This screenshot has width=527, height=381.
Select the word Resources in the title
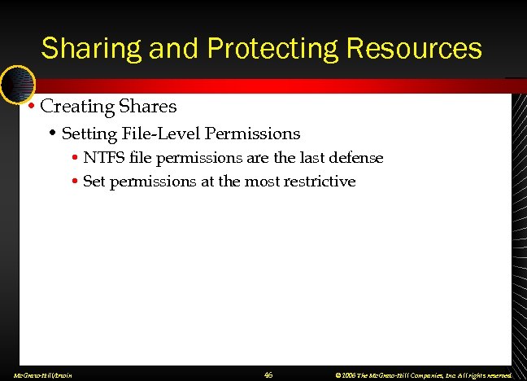point(415,48)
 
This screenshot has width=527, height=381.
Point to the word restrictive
point(320,182)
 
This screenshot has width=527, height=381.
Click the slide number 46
point(269,374)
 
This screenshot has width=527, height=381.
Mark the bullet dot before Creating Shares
point(30,107)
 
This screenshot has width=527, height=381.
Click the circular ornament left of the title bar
point(16,81)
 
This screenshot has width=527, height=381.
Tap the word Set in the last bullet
point(94,182)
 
